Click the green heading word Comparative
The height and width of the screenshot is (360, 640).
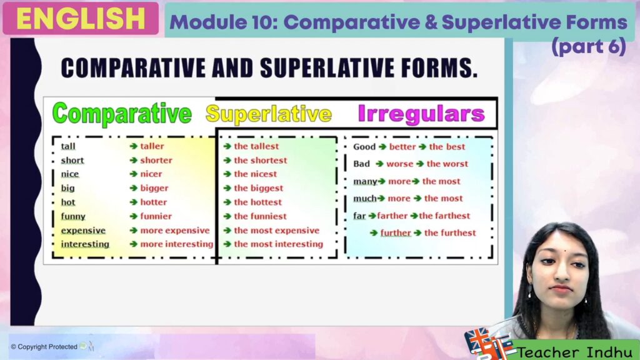(122, 114)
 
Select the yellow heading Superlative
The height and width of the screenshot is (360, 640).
(269, 114)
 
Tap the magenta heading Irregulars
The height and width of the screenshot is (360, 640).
(421, 114)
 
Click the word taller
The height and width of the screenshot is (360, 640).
(152, 146)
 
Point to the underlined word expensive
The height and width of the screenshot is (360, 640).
(83, 231)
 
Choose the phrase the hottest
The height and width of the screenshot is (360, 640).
(257, 202)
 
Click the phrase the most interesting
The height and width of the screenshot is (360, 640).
(278, 244)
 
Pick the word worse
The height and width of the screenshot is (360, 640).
(399, 164)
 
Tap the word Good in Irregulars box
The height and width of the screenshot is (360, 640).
(364, 146)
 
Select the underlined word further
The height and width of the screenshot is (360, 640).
(396, 232)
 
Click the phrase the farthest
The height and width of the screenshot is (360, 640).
(444, 216)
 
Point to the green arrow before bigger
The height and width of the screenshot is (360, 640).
(134, 188)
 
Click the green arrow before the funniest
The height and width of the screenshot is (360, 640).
(227, 216)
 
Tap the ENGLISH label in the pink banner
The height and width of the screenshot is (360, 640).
(81, 18)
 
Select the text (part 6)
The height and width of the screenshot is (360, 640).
(589, 46)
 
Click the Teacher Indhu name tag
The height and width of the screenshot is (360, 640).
(575, 351)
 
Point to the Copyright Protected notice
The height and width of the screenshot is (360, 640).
(44, 347)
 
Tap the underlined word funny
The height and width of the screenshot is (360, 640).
(73, 216)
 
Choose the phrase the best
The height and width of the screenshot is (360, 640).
(447, 146)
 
